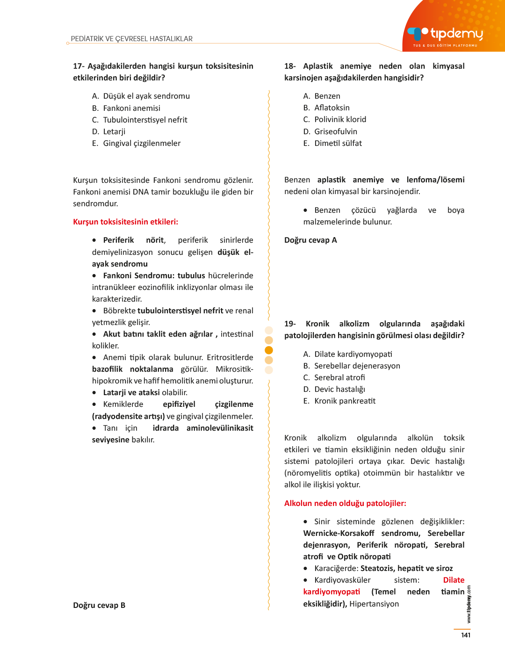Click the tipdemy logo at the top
pyautogui.click(x=446, y=35)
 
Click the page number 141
pyautogui.click(x=466, y=635)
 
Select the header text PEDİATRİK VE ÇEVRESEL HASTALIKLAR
pyautogui.click(x=131, y=39)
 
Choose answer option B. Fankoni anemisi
pyautogui.click(x=126, y=108)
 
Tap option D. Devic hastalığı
pyautogui.click(x=334, y=389)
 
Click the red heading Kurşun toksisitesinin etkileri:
pyautogui.click(x=125, y=222)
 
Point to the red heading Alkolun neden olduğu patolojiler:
pyautogui.click(x=345, y=503)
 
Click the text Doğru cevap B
pyautogui.click(x=99, y=605)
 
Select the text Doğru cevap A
pyautogui.click(x=310, y=240)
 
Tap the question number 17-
pyautogui.click(x=79, y=66)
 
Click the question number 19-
pyautogui.click(x=290, y=324)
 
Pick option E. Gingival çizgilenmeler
pyautogui.click(x=136, y=143)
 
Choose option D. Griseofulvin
pyautogui.click(x=330, y=131)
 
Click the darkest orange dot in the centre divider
pyautogui.click(x=269, y=350)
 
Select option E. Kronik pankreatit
pyautogui.click(x=339, y=401)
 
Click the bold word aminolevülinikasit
pyautogui.click(x=220, y=428)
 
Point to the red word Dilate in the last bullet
pyautogui.click(x=454, y=580)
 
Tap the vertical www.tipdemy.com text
pyautogui.click(x=469, y=604)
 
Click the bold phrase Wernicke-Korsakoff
pyautogui.click(x=339, y=533)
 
